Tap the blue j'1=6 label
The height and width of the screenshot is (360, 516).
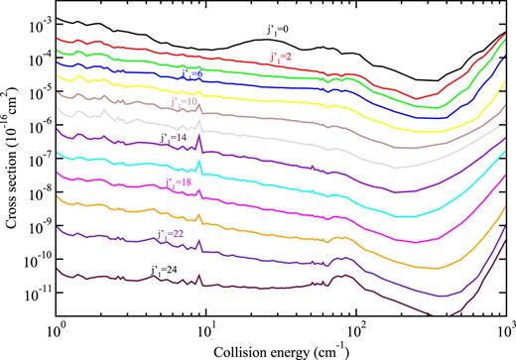click(193, 74)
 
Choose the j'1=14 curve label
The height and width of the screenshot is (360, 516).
click(173, 137)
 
